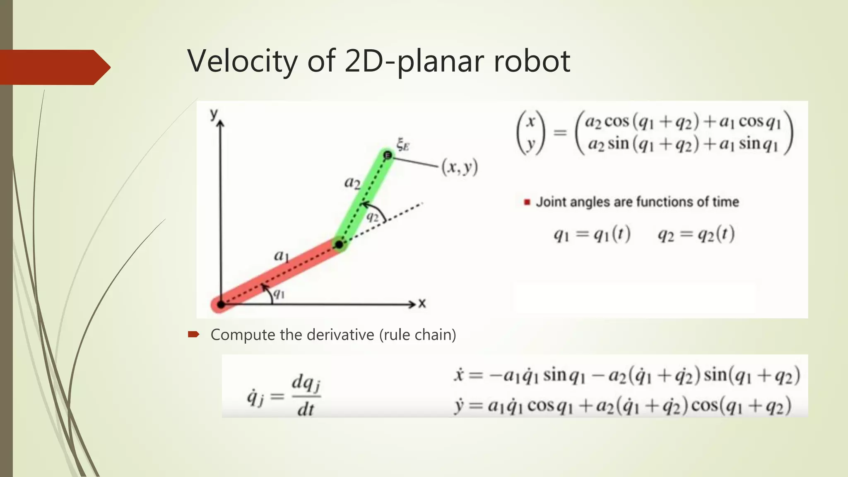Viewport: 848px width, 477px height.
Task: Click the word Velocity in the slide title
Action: [x=242, y=61]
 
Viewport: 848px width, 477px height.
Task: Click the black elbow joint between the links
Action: [x=339, y=244]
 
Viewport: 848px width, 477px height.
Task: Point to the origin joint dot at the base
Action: [x=221, y=305]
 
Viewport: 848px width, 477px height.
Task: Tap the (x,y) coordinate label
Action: [x=460, y=167]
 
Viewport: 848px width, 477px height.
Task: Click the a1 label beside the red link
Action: [x=281, y=256]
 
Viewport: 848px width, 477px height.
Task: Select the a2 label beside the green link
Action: [x=352, y=182]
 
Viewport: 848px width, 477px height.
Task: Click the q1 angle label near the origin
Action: [x=279, y=294]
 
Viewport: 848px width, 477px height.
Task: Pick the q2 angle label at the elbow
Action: [x=373, y=217]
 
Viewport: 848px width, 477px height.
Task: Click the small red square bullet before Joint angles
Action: [x=527, y=202]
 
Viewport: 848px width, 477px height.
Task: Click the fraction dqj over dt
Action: [x=306, y=395]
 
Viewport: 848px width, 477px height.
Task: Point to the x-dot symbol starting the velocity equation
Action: [x=458, y=375]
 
